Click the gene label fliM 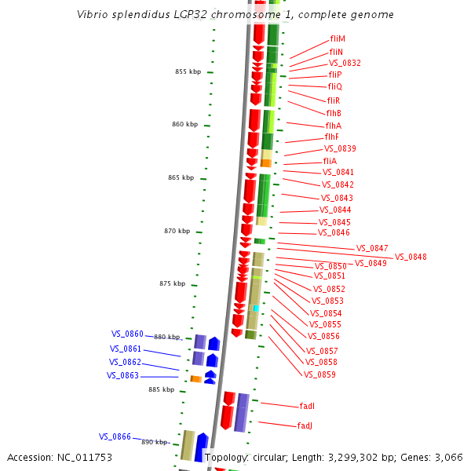tap(338, 38)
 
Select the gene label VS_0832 tap(345, 63)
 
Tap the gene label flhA tap(333, 126)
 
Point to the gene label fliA tap(330, 161)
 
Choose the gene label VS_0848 tap(411, 257)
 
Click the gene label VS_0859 tap(319, 374)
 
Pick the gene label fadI tap(307, 406)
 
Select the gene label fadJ tap(305, 425)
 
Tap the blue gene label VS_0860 tap(126, 334)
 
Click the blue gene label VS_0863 tap(122, 375)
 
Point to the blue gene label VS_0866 tap(115, 436)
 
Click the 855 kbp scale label tap(188, 71)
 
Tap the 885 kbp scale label tap(161, 389)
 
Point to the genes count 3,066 tap(447, 457)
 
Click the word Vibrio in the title tap(93, 15)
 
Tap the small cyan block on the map tap(256, 309)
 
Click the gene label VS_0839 tap(340, 148)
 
